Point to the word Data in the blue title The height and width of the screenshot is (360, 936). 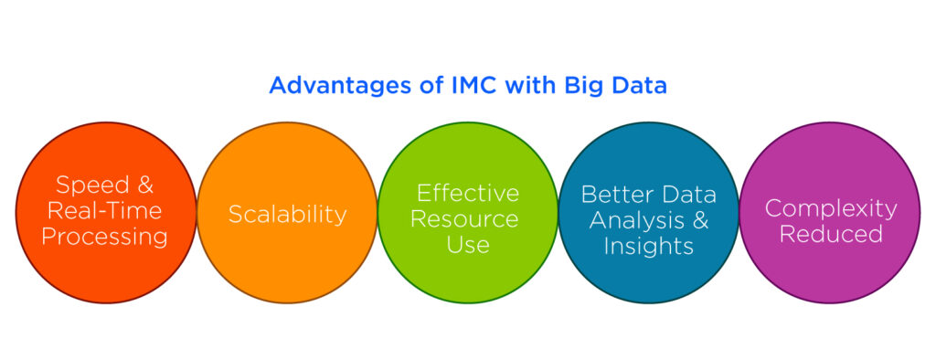[640, 86]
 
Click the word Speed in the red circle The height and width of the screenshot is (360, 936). [90, 185]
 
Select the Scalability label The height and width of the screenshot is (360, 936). [287, 214]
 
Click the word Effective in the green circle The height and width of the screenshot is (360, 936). [467, 193]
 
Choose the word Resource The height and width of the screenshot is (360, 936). [467, 219]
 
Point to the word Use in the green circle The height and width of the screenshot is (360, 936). [467, 245]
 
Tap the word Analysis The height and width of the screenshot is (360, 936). [639, 220]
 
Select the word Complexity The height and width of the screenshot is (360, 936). [831, 207]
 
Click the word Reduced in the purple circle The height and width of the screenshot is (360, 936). [831, 234]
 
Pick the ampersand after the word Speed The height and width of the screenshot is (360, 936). [144, 185]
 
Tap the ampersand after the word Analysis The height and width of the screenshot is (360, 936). [699, 220]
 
